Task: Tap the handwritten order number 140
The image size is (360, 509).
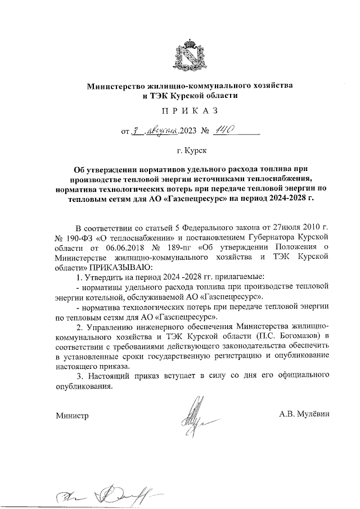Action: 223,130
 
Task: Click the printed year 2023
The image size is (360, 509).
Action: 190,132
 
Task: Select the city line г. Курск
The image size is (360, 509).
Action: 190,151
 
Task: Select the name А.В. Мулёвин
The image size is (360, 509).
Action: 303,415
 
